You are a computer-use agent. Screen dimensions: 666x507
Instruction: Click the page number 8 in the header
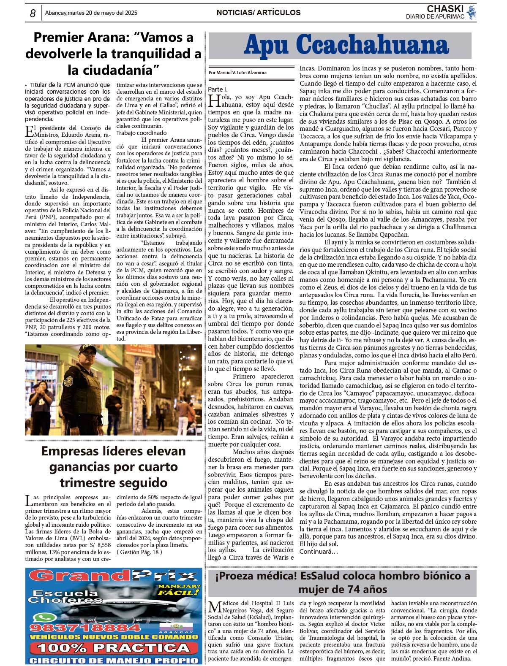coord(33,14)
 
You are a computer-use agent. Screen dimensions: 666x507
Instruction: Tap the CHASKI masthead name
coord(445,9)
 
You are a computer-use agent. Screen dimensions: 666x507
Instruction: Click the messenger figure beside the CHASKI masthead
coord(472,12)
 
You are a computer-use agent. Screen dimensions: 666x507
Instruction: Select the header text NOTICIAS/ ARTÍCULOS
coord(258,13)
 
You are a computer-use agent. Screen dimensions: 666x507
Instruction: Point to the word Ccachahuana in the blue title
coord(372,45)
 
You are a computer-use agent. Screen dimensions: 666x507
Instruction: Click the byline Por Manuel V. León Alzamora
coord(237,73)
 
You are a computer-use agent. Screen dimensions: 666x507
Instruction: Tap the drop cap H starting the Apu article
coord(214,100)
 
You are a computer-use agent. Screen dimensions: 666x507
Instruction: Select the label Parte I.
coord(218,89)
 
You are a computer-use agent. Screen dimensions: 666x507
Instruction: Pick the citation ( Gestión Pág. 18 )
coord(139,552)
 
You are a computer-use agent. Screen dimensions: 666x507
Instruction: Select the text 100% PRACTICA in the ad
coord(113,648)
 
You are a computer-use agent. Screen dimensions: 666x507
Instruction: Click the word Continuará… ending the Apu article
coord(319,552)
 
